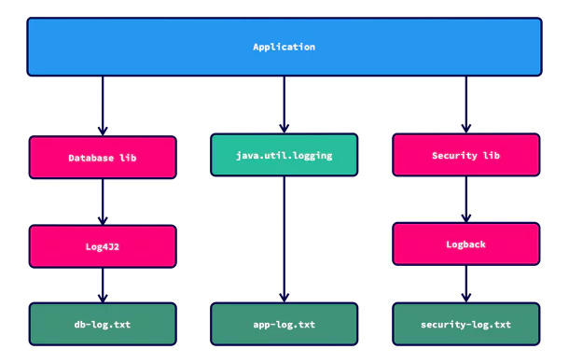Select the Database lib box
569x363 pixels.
click(x=103, y=158)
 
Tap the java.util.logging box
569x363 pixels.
click(x=284, y=154)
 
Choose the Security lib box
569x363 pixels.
click(x=465, y=155)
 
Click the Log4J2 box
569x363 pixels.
click(x=103, y=246)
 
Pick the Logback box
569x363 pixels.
click(x=465, y=244)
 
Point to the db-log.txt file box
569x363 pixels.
click(x=103, y=325)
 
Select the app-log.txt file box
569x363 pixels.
click(x=284, y=325)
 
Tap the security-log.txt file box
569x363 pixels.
click(x=465, y=325)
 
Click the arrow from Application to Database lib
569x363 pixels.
click(x=103, y=105)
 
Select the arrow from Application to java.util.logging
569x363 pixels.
click(x=284, y=104)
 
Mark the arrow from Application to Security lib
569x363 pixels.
click(x=465, y=104)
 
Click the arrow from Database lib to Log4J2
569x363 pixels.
click(x=103, y=202)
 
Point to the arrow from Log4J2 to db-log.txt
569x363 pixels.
click(x=103, y=285)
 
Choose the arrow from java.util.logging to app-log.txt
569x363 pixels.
click(x=284, y=238)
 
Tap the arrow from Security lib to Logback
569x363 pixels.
click(x=465, y=199)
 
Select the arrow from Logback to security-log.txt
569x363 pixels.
click(x=465, y=283)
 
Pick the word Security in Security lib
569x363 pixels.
click(x=453, y=155)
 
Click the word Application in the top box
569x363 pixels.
click(x=284, y=47)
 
